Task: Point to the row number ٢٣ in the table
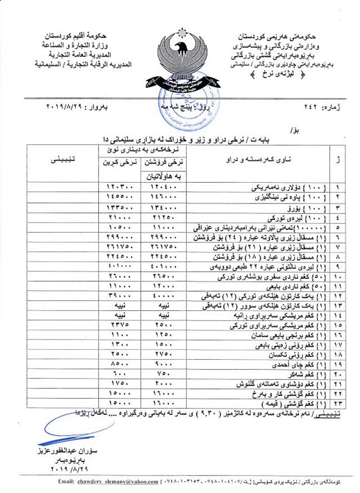(337, 403)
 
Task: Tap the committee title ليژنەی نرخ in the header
(284, 74)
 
